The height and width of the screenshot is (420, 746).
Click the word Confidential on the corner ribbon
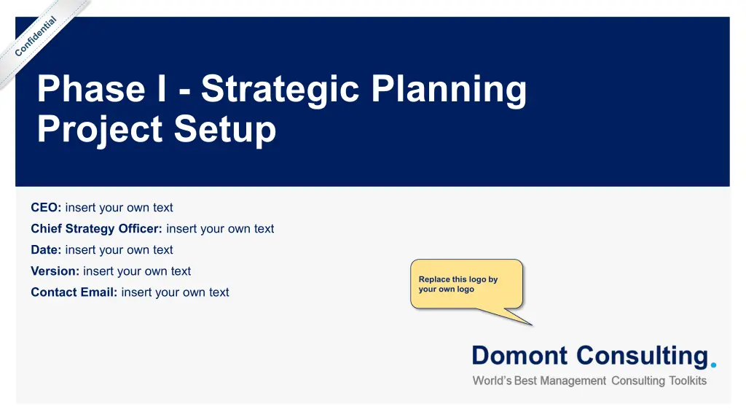point(35,36)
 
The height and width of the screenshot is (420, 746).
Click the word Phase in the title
point(91,88)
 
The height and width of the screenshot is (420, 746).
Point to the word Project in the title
point(100,130)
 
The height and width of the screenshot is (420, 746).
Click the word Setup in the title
point(225,130)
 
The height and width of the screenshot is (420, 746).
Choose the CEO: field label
point(46,208)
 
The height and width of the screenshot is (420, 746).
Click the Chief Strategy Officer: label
point(97,229)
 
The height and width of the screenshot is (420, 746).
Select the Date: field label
point(46,250)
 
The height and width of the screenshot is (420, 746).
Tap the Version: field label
point(55,271)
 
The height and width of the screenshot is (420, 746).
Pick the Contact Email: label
point(74,292)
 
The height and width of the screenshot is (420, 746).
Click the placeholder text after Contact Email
point(175,292)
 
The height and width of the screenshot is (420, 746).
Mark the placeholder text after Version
point(137,271)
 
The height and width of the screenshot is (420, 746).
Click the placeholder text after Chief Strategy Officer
point(220,229)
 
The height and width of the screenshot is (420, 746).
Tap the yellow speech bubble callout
point(467,284)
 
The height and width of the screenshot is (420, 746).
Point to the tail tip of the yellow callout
point(533,326)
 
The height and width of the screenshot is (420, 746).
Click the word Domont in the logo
point(519,356)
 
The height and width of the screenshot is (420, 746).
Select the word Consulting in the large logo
point(643,357)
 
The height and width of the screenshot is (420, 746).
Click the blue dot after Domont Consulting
point(713,365)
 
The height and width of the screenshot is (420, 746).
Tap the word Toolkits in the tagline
point(688,381)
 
